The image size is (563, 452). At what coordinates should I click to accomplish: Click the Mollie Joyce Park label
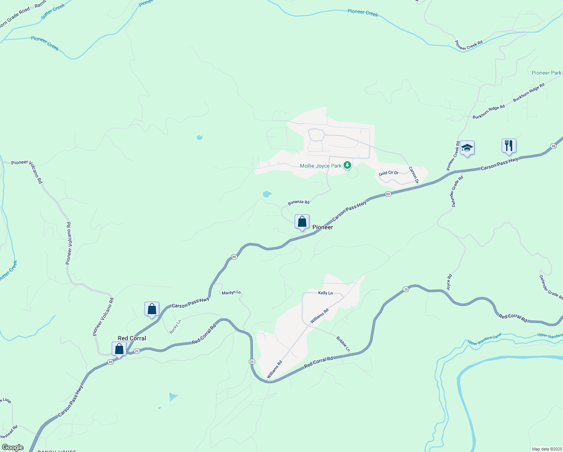321,166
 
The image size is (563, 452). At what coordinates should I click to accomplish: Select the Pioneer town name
323,227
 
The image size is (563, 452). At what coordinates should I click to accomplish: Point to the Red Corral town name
132,338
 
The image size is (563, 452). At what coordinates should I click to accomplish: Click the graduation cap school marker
467,148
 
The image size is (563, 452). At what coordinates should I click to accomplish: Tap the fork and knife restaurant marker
509,145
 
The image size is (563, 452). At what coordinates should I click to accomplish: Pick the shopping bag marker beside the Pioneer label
302,222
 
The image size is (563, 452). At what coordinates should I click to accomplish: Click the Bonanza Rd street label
298,202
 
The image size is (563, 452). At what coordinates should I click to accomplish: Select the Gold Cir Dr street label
388,173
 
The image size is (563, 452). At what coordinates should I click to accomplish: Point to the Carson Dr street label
414,175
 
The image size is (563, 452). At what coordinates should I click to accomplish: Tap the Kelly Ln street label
326,293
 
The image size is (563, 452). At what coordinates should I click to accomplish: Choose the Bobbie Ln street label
343,344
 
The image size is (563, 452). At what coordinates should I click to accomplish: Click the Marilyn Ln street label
231,293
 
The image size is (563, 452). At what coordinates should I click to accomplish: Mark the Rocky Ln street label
175,326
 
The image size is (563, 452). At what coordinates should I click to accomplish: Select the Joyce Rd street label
449,282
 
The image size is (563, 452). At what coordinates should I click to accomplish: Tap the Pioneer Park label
546,73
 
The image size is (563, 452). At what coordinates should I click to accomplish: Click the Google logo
12,447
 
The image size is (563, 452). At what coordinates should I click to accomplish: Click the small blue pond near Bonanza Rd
267,194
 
